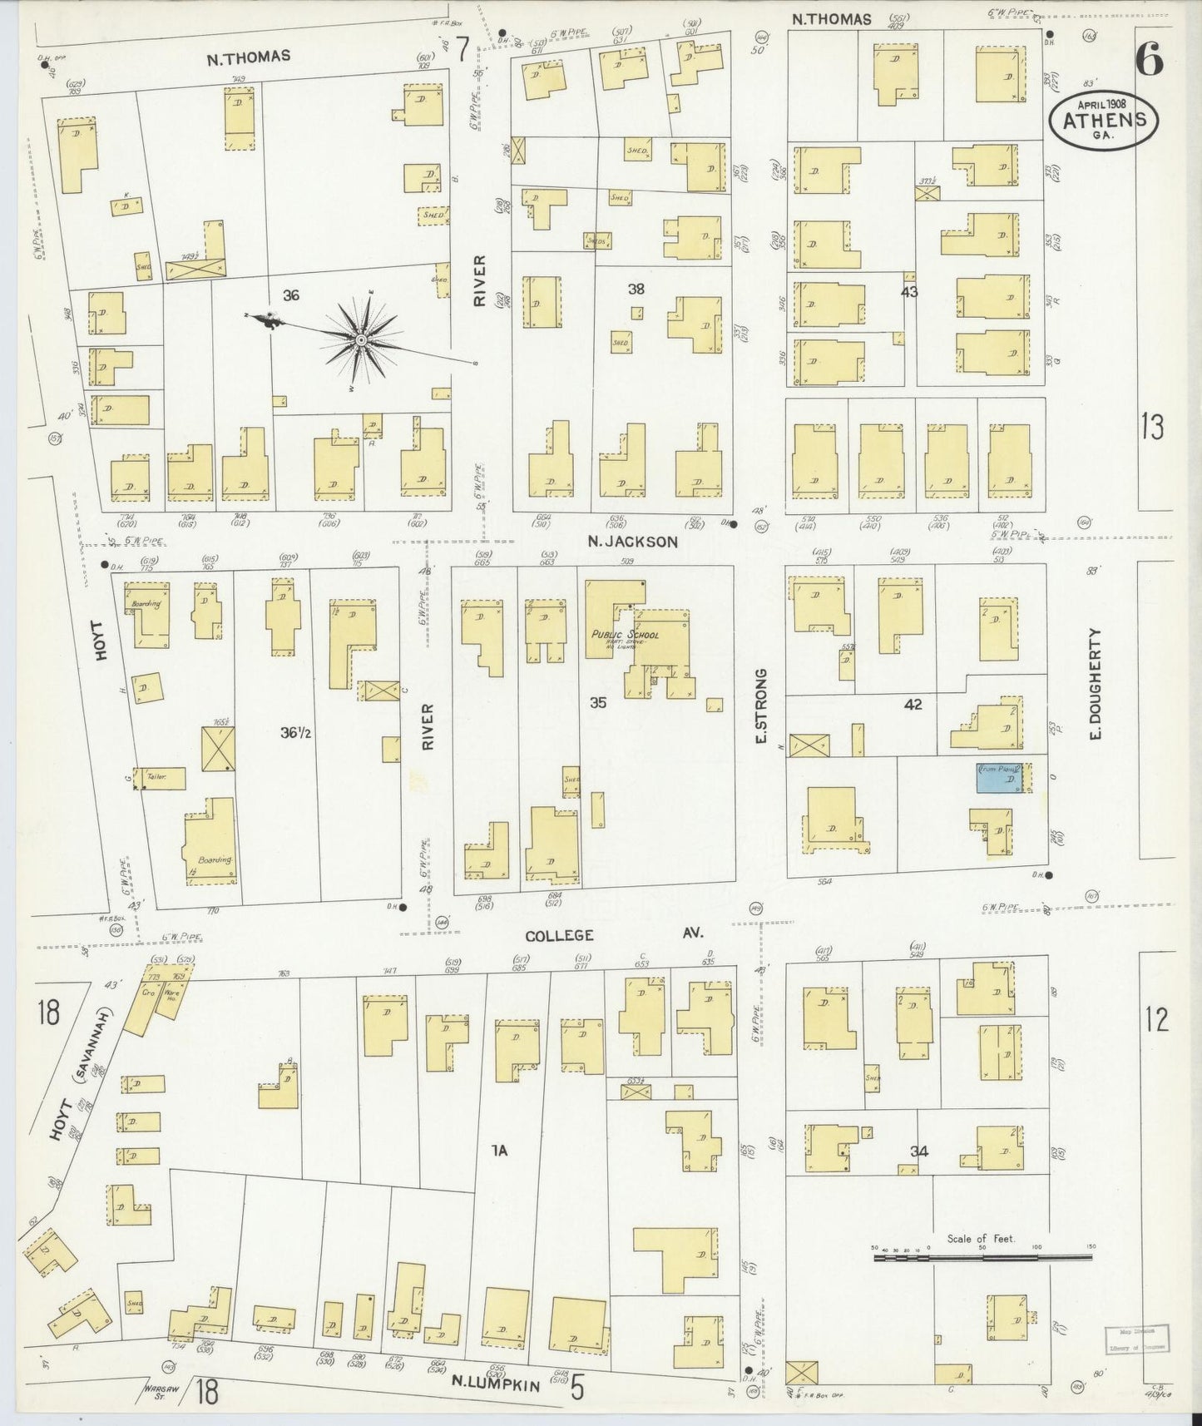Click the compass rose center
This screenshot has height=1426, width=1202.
pyautogui.click(x=362, y=340)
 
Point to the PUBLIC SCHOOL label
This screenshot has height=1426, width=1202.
pyautogui.click(x=625, y=636)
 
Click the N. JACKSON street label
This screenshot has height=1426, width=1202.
pyautogui.click(x=632, y=542)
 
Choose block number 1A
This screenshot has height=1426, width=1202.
pyautogui.click(x=499, y=1151)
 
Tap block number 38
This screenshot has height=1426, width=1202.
pyautogui.click(x=636, y=289)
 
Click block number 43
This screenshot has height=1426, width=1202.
pyautogui.click(x=908, y=292)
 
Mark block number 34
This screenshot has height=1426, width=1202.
pyautogui.click(x=918, y=1151)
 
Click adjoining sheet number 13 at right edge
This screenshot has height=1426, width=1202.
pyautogui.click(x=1153, y=427)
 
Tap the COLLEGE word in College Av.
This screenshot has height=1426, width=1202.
pyautogui.click(x=559, y=935)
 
